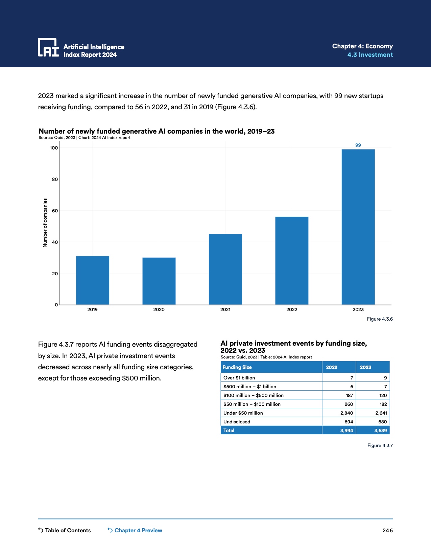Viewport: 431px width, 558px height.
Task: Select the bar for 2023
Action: (358, 227)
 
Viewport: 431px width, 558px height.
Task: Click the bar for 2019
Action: (93, 280)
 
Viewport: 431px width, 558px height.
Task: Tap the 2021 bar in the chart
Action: (225, 269)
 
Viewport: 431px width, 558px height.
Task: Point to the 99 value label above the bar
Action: (358, 145)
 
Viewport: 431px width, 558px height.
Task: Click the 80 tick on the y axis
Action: (55, 179)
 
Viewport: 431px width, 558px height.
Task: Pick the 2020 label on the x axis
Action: (159, 309)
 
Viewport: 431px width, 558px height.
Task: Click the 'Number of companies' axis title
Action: (45, 223)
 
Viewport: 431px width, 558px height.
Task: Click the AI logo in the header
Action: (48, 47)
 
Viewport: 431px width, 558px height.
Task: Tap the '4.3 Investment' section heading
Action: (370, 55)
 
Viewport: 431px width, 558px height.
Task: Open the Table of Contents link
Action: (65, 530)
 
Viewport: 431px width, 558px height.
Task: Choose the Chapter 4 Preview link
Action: (135, 530)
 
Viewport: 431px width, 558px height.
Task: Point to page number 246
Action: (387, 530)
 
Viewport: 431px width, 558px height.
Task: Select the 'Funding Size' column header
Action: (237, 367)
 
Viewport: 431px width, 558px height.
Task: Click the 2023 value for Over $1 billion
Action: (385, 378)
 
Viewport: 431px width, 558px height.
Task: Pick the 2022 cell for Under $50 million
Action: (346, 413)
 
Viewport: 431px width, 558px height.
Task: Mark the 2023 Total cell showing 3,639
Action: (380, 431)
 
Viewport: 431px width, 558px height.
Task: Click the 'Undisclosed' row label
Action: (237, 422)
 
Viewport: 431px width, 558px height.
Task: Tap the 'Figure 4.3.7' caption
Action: (380, 445)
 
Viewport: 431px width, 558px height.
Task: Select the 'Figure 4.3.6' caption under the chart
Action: (380, 319)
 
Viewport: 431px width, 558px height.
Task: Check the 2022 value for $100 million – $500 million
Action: (350, 395)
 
